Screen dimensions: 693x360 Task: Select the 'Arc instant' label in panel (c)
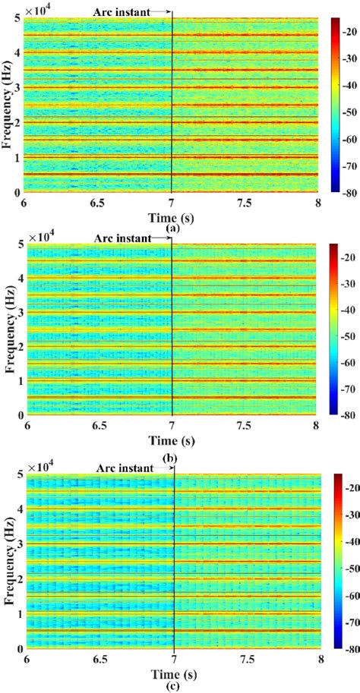pos(124,469)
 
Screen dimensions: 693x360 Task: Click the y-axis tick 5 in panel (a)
pos(17,18)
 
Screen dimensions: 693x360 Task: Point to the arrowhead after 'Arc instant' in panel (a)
pos(169,12)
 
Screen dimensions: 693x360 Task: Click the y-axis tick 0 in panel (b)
pos(17,415)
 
